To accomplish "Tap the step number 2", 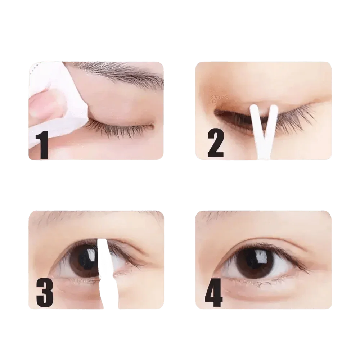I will (x=215, y=144).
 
